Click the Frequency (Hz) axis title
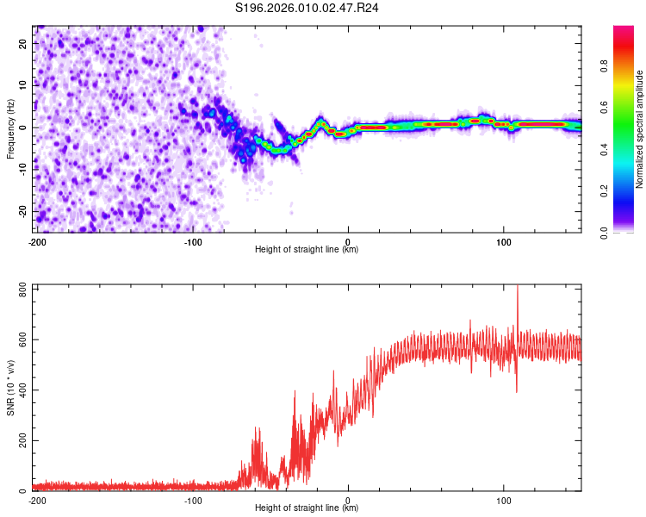point(10,127)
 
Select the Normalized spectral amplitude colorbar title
point(640,129)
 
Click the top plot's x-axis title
point(307,250)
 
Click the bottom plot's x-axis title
point(307,508)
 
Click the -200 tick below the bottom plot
point(37,500)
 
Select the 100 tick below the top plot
point(504,241)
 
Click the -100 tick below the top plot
point(192,241)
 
